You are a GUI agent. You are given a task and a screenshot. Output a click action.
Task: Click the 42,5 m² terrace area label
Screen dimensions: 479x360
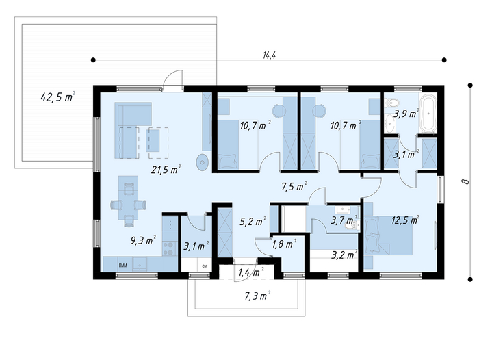[x=57, y=97]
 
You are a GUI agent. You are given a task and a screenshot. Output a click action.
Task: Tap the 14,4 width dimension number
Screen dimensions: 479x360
[x=269, y=55]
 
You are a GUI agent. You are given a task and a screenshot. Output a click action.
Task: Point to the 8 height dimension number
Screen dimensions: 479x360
[x=465, y=181]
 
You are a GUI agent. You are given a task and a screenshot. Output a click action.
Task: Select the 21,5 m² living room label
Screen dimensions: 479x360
[x=166, y=169]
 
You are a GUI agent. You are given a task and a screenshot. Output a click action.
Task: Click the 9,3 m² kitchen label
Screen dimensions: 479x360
[x=144, y=240]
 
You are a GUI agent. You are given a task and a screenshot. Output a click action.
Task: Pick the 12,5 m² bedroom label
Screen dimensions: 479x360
[x=405, y=220]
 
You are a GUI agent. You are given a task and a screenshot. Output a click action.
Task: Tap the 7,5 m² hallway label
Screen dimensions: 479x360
[x=294, y=185]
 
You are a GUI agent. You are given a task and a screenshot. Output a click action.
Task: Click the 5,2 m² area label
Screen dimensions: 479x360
[x=253, y=221]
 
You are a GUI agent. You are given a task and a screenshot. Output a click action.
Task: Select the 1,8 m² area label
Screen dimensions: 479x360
[x=284, y=244]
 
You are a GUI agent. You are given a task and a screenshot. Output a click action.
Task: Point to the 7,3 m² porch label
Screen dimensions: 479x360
[x=257, y=296]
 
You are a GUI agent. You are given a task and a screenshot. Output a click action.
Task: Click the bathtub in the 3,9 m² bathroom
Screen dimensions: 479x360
[x=428, y=114]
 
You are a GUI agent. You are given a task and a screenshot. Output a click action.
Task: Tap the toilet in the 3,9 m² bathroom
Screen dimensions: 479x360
[x=391, y=102]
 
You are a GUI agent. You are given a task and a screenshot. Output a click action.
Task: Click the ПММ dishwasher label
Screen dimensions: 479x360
[x=122, y=266]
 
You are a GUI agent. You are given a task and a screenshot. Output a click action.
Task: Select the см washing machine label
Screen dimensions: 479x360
[x=205, y=266]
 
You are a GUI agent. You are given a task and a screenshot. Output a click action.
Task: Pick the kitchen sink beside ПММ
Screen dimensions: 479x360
[x=140, y=263]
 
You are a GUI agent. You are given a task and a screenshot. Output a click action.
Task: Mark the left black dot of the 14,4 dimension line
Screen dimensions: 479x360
[x=93, y=60]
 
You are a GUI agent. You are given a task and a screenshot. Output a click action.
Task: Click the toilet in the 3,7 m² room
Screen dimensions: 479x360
[x=351, y=226]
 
